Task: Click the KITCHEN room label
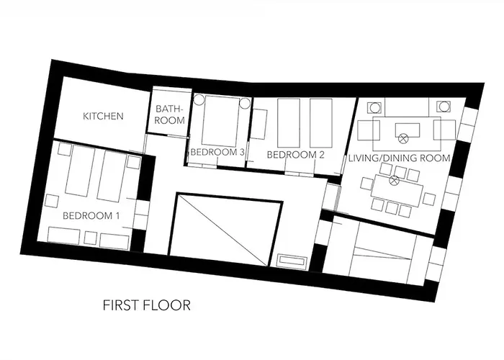coord(103,116)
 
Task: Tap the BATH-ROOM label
coord(169,114)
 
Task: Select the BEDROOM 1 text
coord(91,216)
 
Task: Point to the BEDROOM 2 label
coord(296,155)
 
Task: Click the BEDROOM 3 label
coord(217,152)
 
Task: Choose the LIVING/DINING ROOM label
coord(400,158)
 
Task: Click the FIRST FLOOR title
coord(147,305)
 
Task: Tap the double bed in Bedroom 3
coord(220,120)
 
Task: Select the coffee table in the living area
coord(408,130)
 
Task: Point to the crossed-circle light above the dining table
coord(394,180)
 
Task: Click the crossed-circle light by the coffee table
coord(402,139)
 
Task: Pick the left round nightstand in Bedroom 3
coord(199,99)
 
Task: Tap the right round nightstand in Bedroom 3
coord(245,103)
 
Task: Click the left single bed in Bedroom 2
coord(289,123)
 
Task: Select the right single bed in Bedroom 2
coord(321,123)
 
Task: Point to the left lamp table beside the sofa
coord(375,107)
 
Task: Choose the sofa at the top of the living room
coord(407,108)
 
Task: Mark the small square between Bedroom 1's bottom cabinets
coord(90,238)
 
